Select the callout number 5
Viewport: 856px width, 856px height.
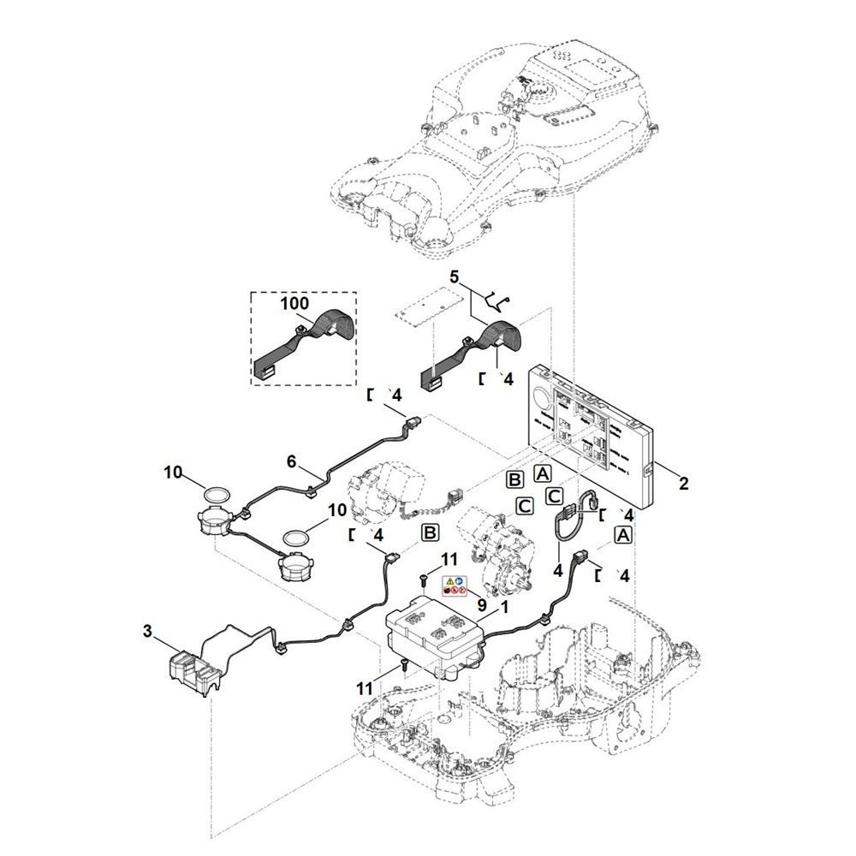tap(455, 276)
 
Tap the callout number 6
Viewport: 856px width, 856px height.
tap(291, 461)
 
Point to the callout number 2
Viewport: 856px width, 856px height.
tap(683, 484)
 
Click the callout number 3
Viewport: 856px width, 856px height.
tap(148, 632)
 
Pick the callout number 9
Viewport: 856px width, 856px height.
tap(482, 603)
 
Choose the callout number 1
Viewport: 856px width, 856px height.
tap(504, 605)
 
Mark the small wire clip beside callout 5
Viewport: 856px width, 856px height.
tap(496, 300)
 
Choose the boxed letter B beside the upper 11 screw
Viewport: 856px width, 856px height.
tap(430, 533)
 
